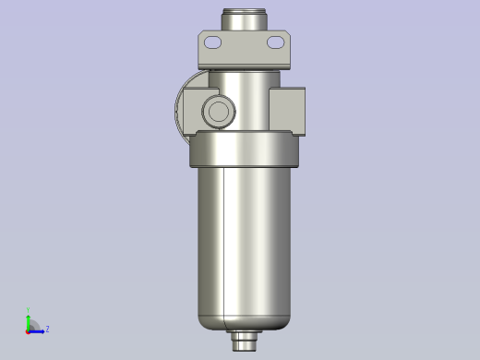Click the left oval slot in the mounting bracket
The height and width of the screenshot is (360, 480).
[213, 42]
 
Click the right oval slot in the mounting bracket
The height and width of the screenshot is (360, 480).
[276, 42]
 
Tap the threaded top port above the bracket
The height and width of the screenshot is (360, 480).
[245, 19]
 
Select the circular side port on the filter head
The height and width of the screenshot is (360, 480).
[219, 112]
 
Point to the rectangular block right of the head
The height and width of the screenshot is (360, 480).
[287, 110]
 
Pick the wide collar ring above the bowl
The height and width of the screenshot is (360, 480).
[246, 150]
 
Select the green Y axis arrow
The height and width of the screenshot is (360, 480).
[28, 320]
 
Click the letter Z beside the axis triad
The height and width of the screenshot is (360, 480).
[47, 329]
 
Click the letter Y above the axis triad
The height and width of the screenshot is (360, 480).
[28, 311]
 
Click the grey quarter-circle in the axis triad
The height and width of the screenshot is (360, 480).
[32, 325]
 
